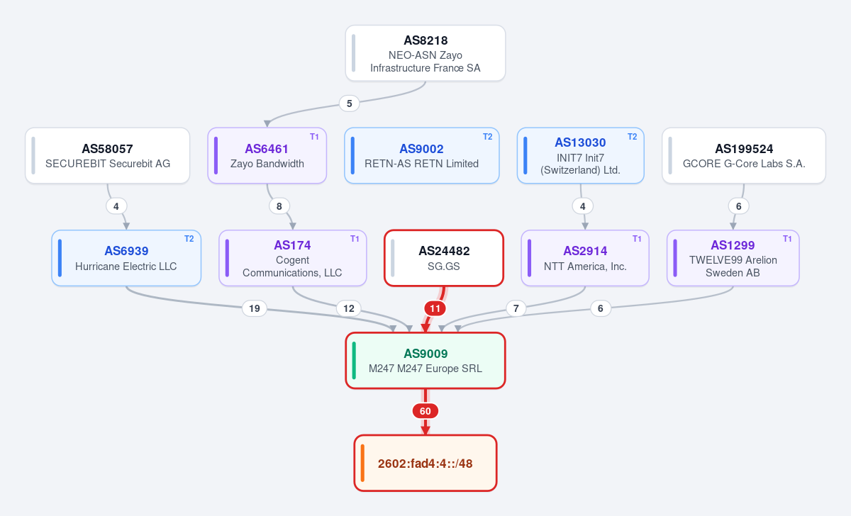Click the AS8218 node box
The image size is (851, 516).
[x=425, y=53]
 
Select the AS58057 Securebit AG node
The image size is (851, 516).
[x=108, y=156]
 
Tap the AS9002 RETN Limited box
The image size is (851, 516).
[x=422, y=156]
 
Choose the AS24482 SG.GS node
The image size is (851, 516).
[x=444, y=258]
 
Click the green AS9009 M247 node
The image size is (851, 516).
[x=425, y=361]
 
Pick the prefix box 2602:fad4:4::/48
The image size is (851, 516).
[x=425, y=464]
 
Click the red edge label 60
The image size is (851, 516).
[x=425, y=411]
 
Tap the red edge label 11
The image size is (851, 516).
[x=435, y=308]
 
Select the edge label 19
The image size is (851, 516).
[x=255, y=308]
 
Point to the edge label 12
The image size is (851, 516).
[x=349, y=308]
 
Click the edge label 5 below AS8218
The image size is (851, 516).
[x=349, y=103]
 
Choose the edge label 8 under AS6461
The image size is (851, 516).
[x=279, y=206]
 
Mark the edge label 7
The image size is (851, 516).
[x=516, y=308]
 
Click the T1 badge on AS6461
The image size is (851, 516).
[x=314, y=137]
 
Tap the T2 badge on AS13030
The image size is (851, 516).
[x=632, y=137]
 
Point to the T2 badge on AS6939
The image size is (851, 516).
[x=189, y=239]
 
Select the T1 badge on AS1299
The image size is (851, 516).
[x=787, y=239]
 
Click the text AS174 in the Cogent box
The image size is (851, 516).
[x=292, y=245]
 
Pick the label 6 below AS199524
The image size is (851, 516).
[x=738, y=206]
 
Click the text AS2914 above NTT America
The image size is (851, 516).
[x=585, y=251]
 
